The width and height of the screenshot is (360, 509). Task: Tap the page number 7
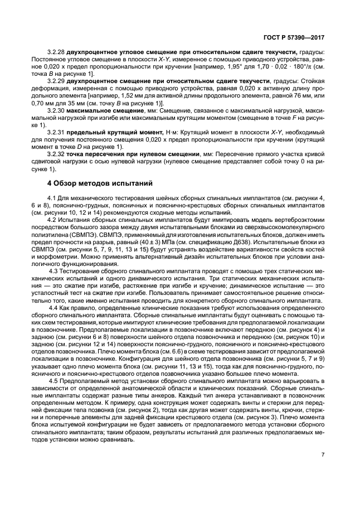point(323,469)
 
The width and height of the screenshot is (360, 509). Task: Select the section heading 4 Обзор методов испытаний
point(99,183)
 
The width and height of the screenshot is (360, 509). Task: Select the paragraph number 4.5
point(54,380)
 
